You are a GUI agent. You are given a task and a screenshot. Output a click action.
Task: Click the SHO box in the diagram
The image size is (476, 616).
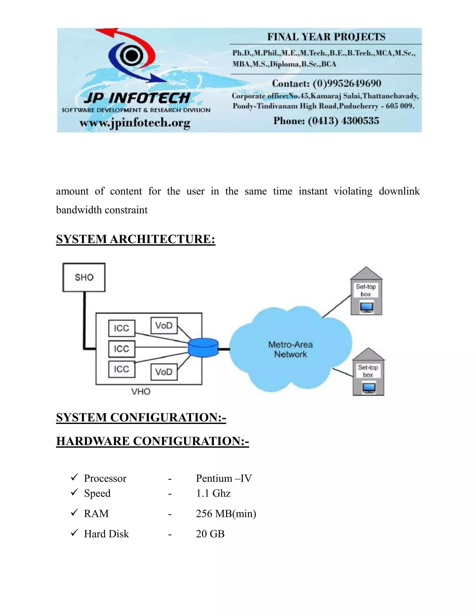click(x=84, y=277)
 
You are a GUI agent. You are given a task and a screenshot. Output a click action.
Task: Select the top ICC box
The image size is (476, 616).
click(x=122, y=328)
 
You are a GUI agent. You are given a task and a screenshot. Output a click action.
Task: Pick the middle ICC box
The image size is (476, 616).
click(x=122, y=349)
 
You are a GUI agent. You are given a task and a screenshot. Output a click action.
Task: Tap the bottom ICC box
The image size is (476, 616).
click(x=122, y=369)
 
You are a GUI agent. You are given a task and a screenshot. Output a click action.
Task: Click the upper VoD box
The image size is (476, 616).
click(x=164, y=325)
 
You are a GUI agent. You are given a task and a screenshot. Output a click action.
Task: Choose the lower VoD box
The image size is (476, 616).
click(x=164, y=372)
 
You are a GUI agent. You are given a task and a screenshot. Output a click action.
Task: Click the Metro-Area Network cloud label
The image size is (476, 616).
click(x=291, y=349)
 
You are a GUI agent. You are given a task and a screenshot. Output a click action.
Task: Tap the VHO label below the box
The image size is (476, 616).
click(x=141, y=391)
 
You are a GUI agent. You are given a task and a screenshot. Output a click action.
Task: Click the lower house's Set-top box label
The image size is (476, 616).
click(x=368, y=371)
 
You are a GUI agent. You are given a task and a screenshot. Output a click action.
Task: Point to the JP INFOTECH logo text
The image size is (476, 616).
click(x=137, y=98)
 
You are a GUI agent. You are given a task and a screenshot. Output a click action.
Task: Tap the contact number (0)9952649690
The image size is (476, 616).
click(x=347, y=83)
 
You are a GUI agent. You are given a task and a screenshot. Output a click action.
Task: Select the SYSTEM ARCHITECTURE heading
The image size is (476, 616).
click(x=136, y=239)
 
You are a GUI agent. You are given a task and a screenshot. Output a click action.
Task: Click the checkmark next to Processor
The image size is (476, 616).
click(x=74, y=477)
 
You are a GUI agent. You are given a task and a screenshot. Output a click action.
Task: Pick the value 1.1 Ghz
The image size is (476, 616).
click(x=213, y=493)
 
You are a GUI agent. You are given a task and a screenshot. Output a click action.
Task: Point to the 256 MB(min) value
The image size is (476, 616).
click(x=226, y=514)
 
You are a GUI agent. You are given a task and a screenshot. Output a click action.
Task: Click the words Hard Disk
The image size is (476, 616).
click(x=106, y=534)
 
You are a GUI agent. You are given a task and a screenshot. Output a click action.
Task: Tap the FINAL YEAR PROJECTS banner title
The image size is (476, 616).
click(x=326, y=37)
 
